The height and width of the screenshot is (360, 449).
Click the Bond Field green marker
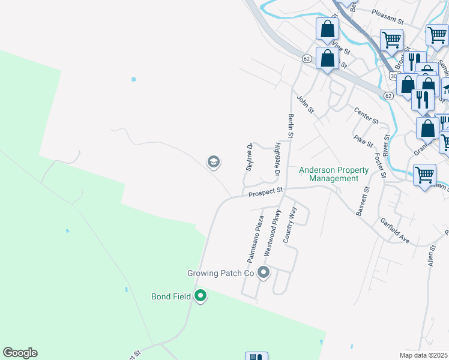(x=200, y=296)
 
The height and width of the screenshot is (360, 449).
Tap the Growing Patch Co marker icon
(x=264, y=273)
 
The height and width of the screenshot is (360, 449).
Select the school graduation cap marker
(x=213, y=162)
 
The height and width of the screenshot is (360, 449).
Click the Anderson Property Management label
(x=334, y=174)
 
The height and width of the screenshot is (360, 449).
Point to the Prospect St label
(x=265, y=193)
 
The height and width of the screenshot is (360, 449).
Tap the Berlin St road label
(x=291, y=127)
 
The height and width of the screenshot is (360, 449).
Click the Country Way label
(x=290, y=224)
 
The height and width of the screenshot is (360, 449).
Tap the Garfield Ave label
(x=394, y=230)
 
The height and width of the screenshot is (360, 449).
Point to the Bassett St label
(x=363, y=200)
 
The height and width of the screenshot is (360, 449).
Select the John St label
(x=306, y=103)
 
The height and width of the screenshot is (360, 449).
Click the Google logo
(x=20, y=353)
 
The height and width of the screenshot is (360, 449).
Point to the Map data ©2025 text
(x=423, y=355)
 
